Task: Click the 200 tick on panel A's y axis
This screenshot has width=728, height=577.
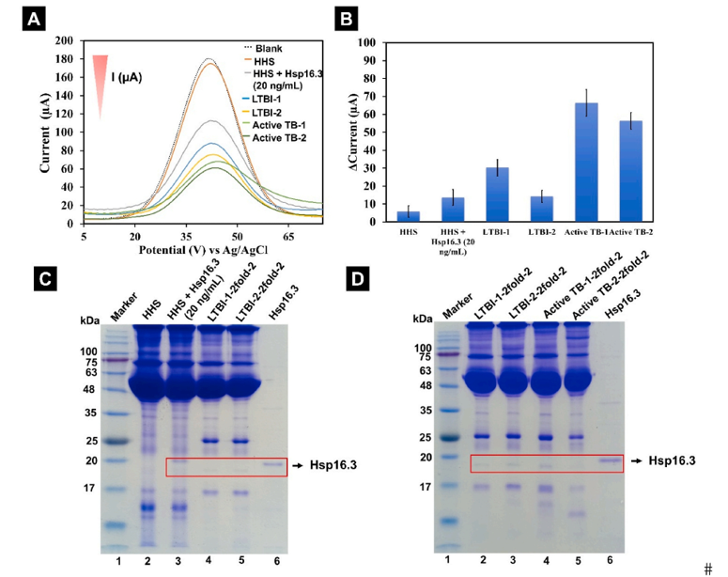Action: (64, 41)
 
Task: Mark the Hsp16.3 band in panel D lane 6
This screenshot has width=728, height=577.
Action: (611, 460)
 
